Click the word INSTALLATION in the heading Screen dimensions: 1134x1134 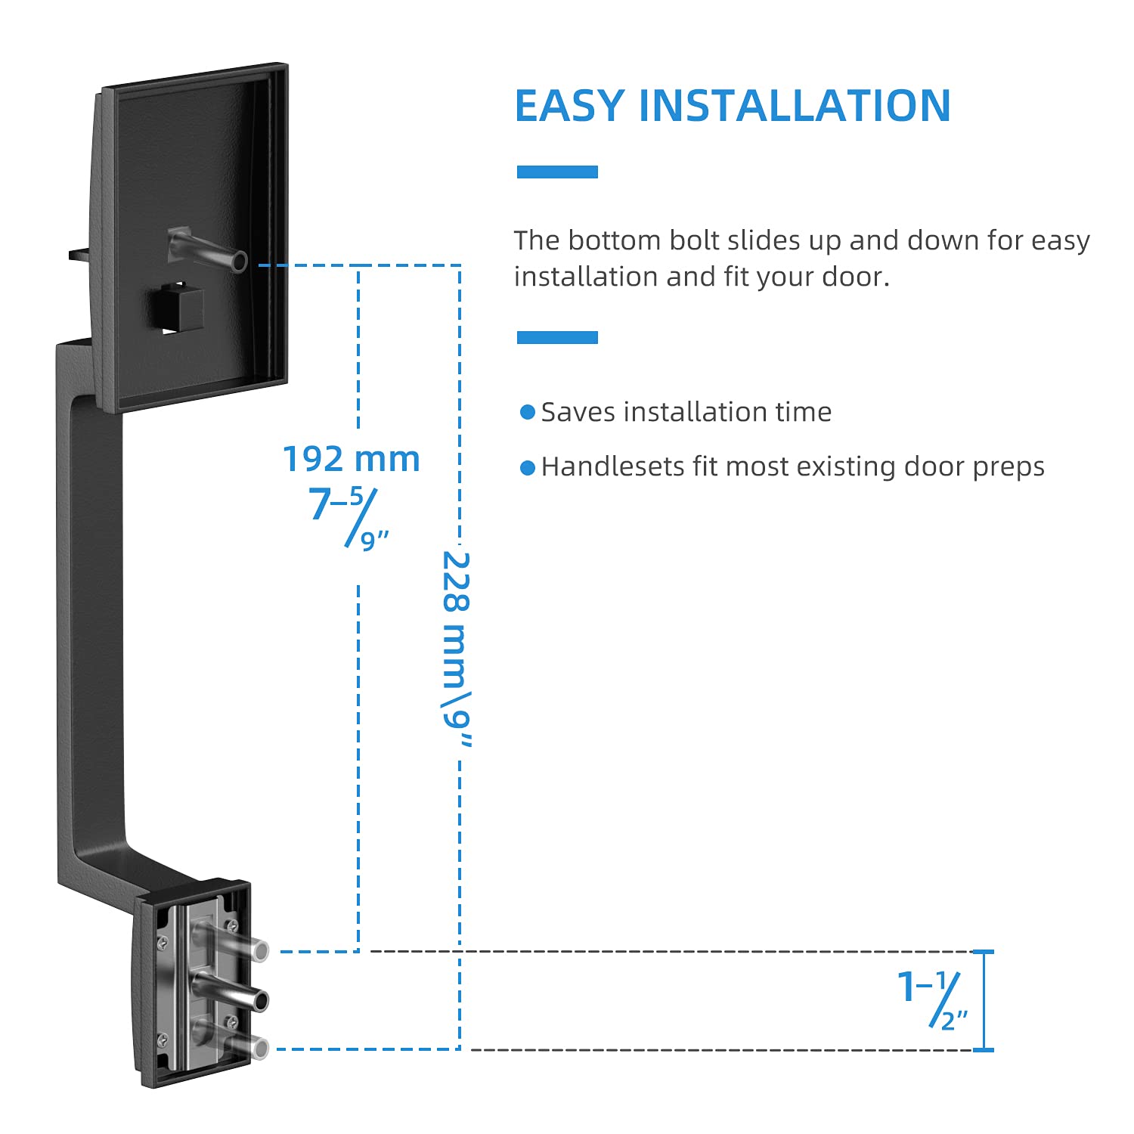pyautogui.click(x=794, y=106)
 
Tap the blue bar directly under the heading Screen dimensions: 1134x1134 pyautogui.click(x=557, y=172)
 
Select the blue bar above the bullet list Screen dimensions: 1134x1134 pyautogui.click(x=557, y=337)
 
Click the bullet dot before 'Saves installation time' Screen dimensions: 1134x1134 pyautogui.click(x=527, y=412)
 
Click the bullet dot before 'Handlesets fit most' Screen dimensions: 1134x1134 pyautogui.click(x=527, y=468)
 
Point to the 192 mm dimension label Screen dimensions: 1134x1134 pyautogui.click(x=351, y=459)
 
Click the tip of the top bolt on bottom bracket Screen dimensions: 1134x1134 pyautogui.click(x=260, y=950)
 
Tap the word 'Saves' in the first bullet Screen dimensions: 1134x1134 pyautogui.click(x=578, y=412)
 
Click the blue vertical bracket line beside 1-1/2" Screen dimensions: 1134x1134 pyautogui.click(x=984, y=1000)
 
